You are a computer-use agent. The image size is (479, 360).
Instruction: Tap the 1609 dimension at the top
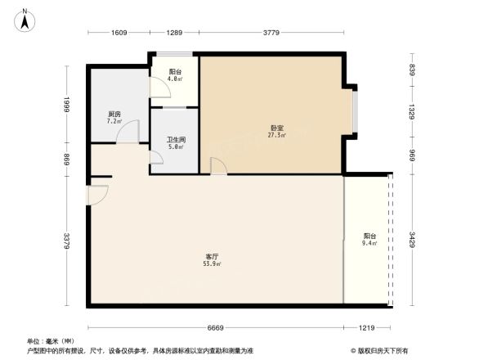pyautogui.click(x=119, y=34)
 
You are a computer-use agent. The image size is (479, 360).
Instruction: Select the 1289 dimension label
pyautogui.click(x=174, y=34)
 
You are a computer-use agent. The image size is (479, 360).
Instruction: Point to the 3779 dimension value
pyautogui.click(x=272, y=34)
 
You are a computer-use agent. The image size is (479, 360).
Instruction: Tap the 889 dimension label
pyautogui.click(x=69, y=161)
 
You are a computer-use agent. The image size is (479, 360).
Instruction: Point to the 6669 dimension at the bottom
pyautogui.click(x=216, y=327)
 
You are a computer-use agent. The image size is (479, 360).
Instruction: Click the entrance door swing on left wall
pyautogui.click(x=96, y=195)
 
